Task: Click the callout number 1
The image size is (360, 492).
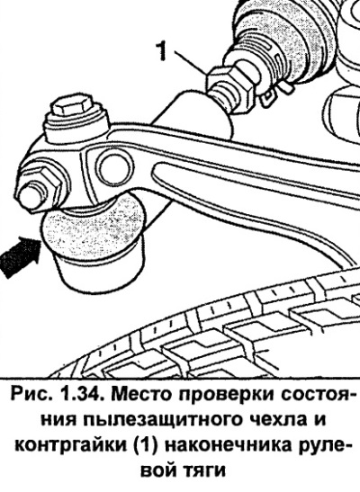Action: (x=161, y=51)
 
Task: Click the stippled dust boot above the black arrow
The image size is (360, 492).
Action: (x=93, y=228)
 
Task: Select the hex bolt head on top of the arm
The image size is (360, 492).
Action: (x=73, y=108)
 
